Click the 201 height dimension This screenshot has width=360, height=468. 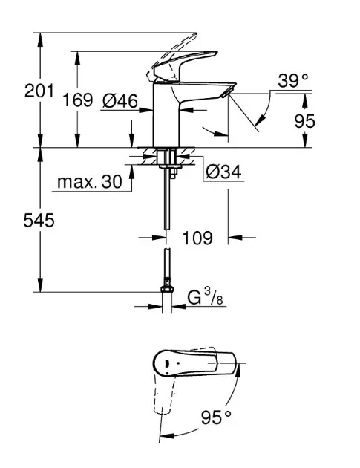point(39,91)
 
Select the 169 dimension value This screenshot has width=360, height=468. point(77,100)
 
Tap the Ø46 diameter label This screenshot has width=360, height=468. point(120,101)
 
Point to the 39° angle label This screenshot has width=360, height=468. point(293,80)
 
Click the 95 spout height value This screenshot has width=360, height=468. point(305,121)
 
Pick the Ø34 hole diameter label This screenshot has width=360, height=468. point(223,172)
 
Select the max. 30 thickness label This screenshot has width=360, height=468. point(90,181)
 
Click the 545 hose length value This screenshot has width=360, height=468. point(39,221)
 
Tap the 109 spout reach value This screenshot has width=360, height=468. point(197,238)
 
